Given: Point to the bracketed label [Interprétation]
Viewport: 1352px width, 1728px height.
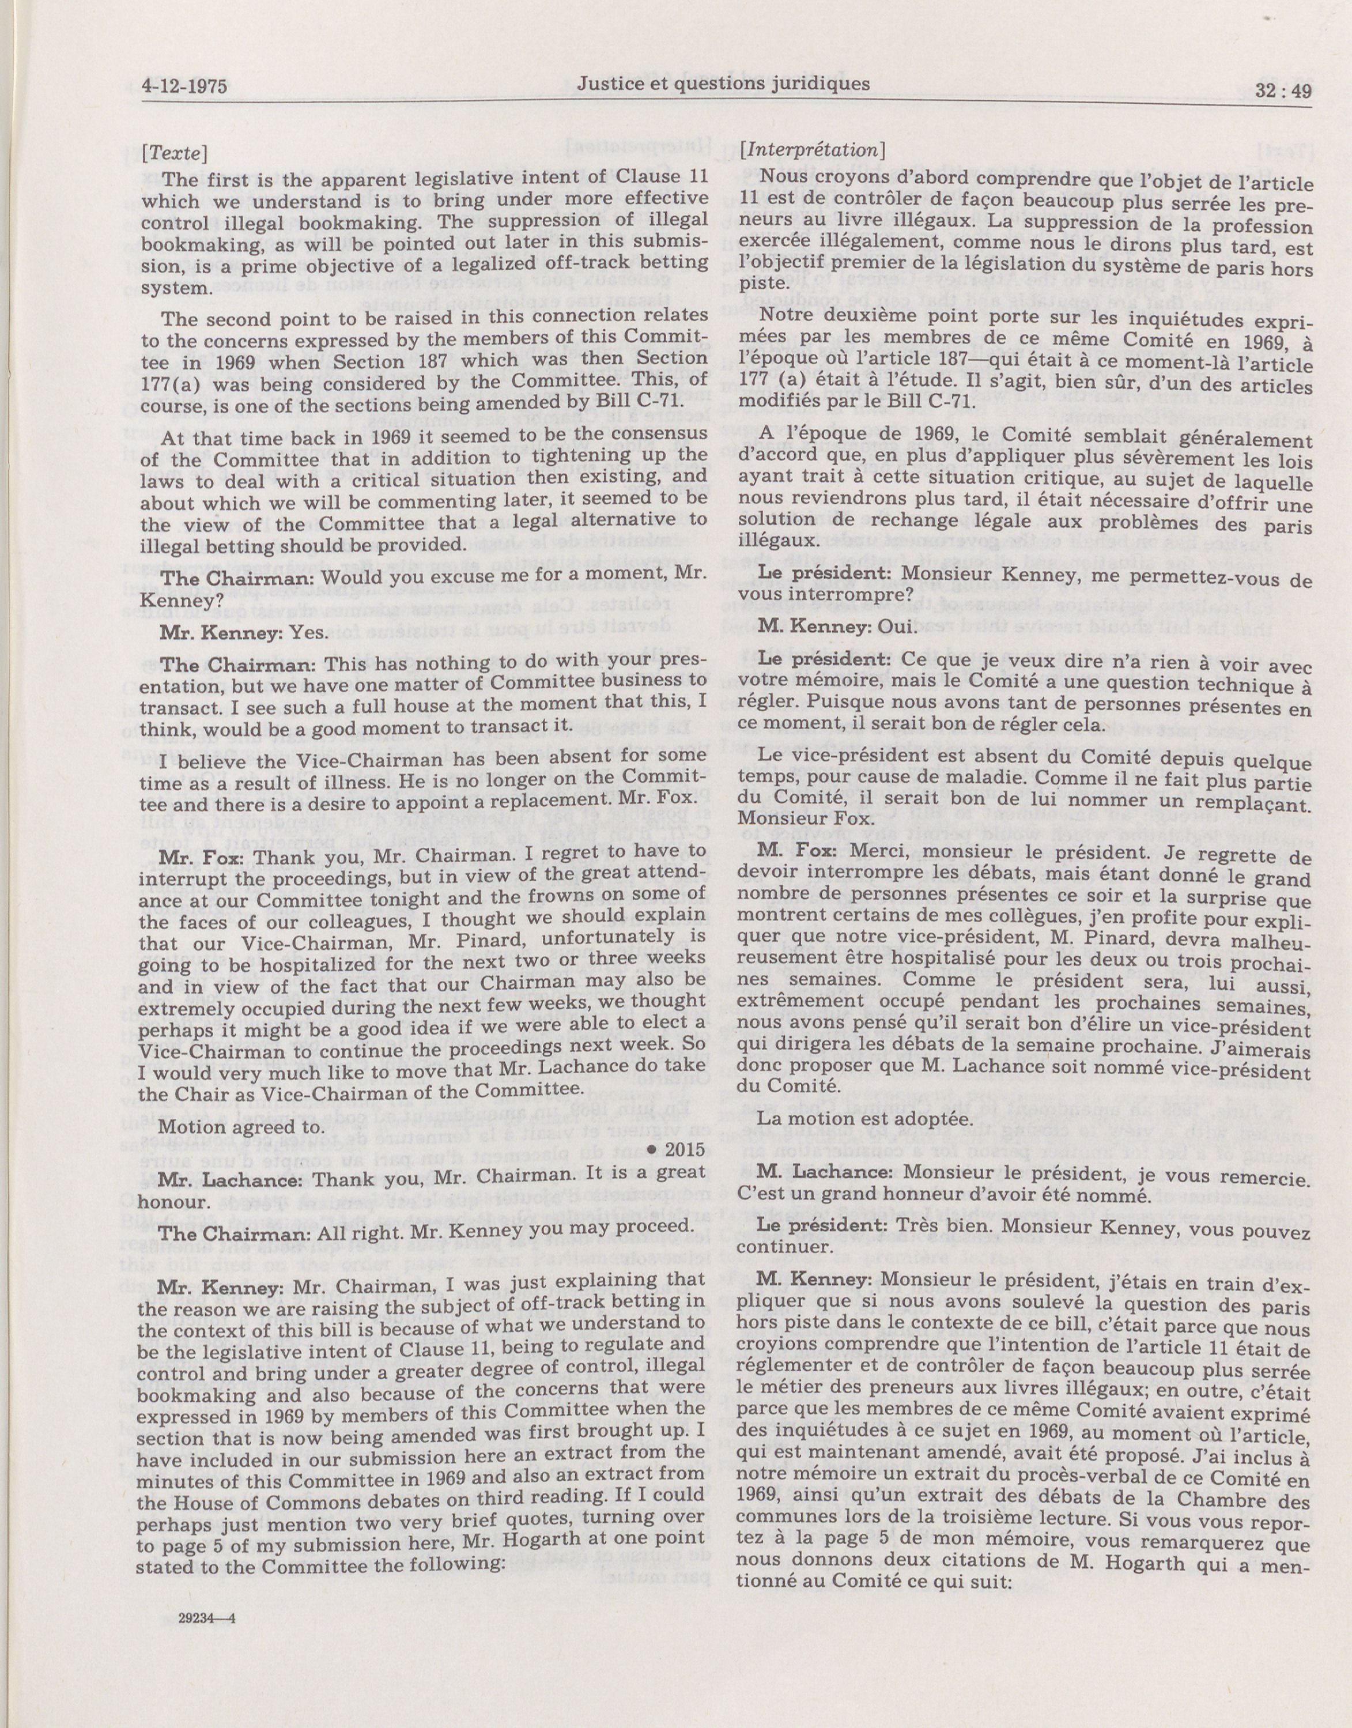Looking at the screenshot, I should tap(811, 149).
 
